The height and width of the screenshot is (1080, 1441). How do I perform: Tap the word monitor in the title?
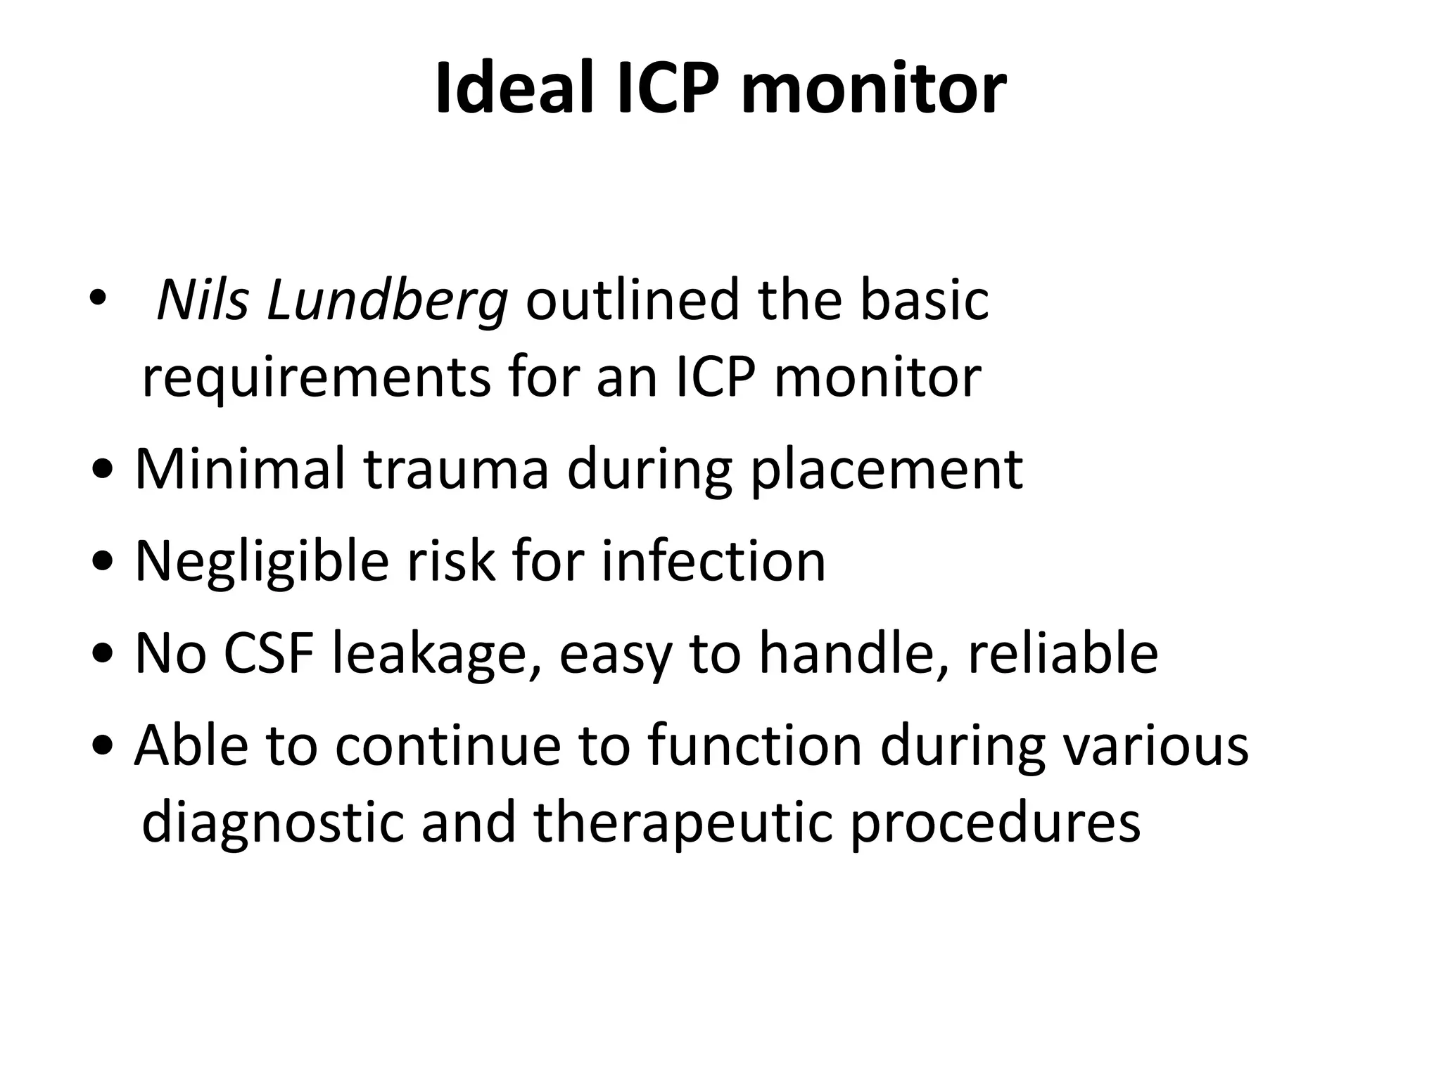873,90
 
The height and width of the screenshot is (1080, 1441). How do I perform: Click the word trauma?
456,470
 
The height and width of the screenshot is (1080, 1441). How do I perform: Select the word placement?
887,470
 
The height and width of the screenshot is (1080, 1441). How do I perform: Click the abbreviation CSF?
268,654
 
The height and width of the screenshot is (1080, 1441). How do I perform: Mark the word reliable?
1062,654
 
